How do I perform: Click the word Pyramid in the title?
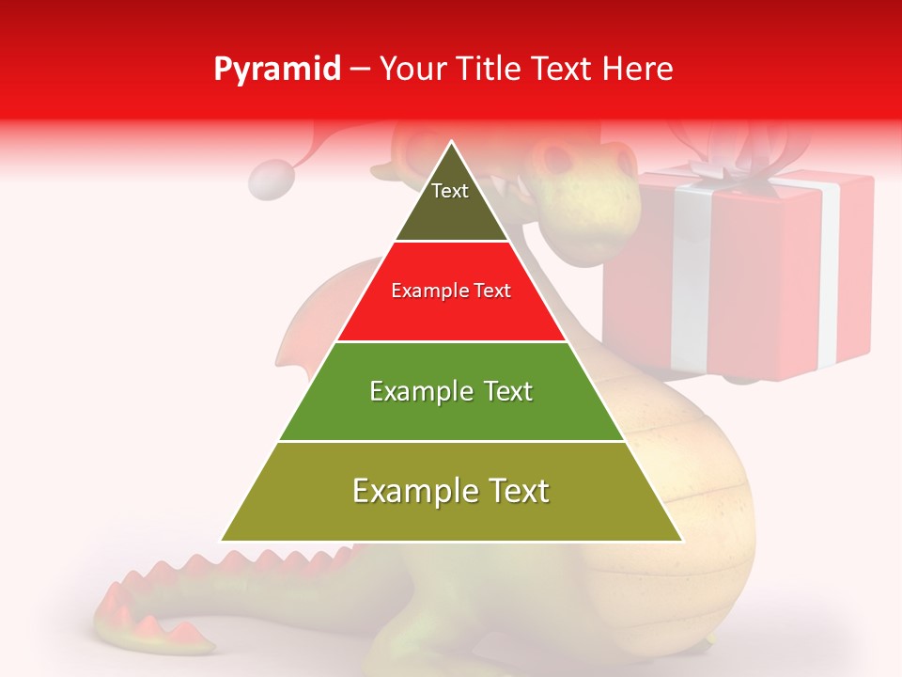coord(276,70)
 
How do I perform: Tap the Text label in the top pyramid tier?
coord(450,191)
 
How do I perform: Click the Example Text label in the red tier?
coord(451,291)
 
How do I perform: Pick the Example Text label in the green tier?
coord(451,391)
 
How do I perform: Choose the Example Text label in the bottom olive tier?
coord(451,491)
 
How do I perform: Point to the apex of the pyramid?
coord(452,142)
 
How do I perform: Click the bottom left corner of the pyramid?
coord(222,541)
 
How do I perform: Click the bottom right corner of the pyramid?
coord(682,541)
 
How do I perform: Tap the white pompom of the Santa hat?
coord(273,180)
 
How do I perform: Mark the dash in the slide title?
coord(359,70)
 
